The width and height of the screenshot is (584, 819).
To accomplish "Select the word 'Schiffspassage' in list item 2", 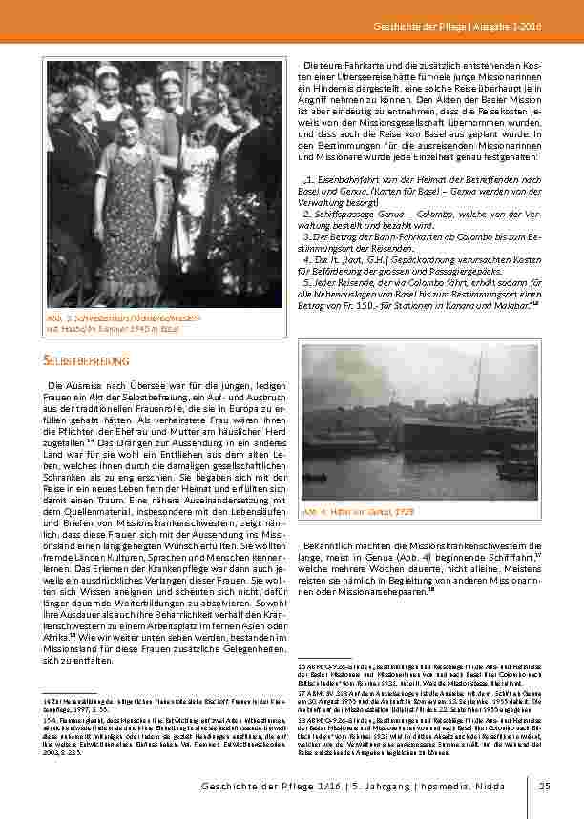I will coord(333,214).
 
